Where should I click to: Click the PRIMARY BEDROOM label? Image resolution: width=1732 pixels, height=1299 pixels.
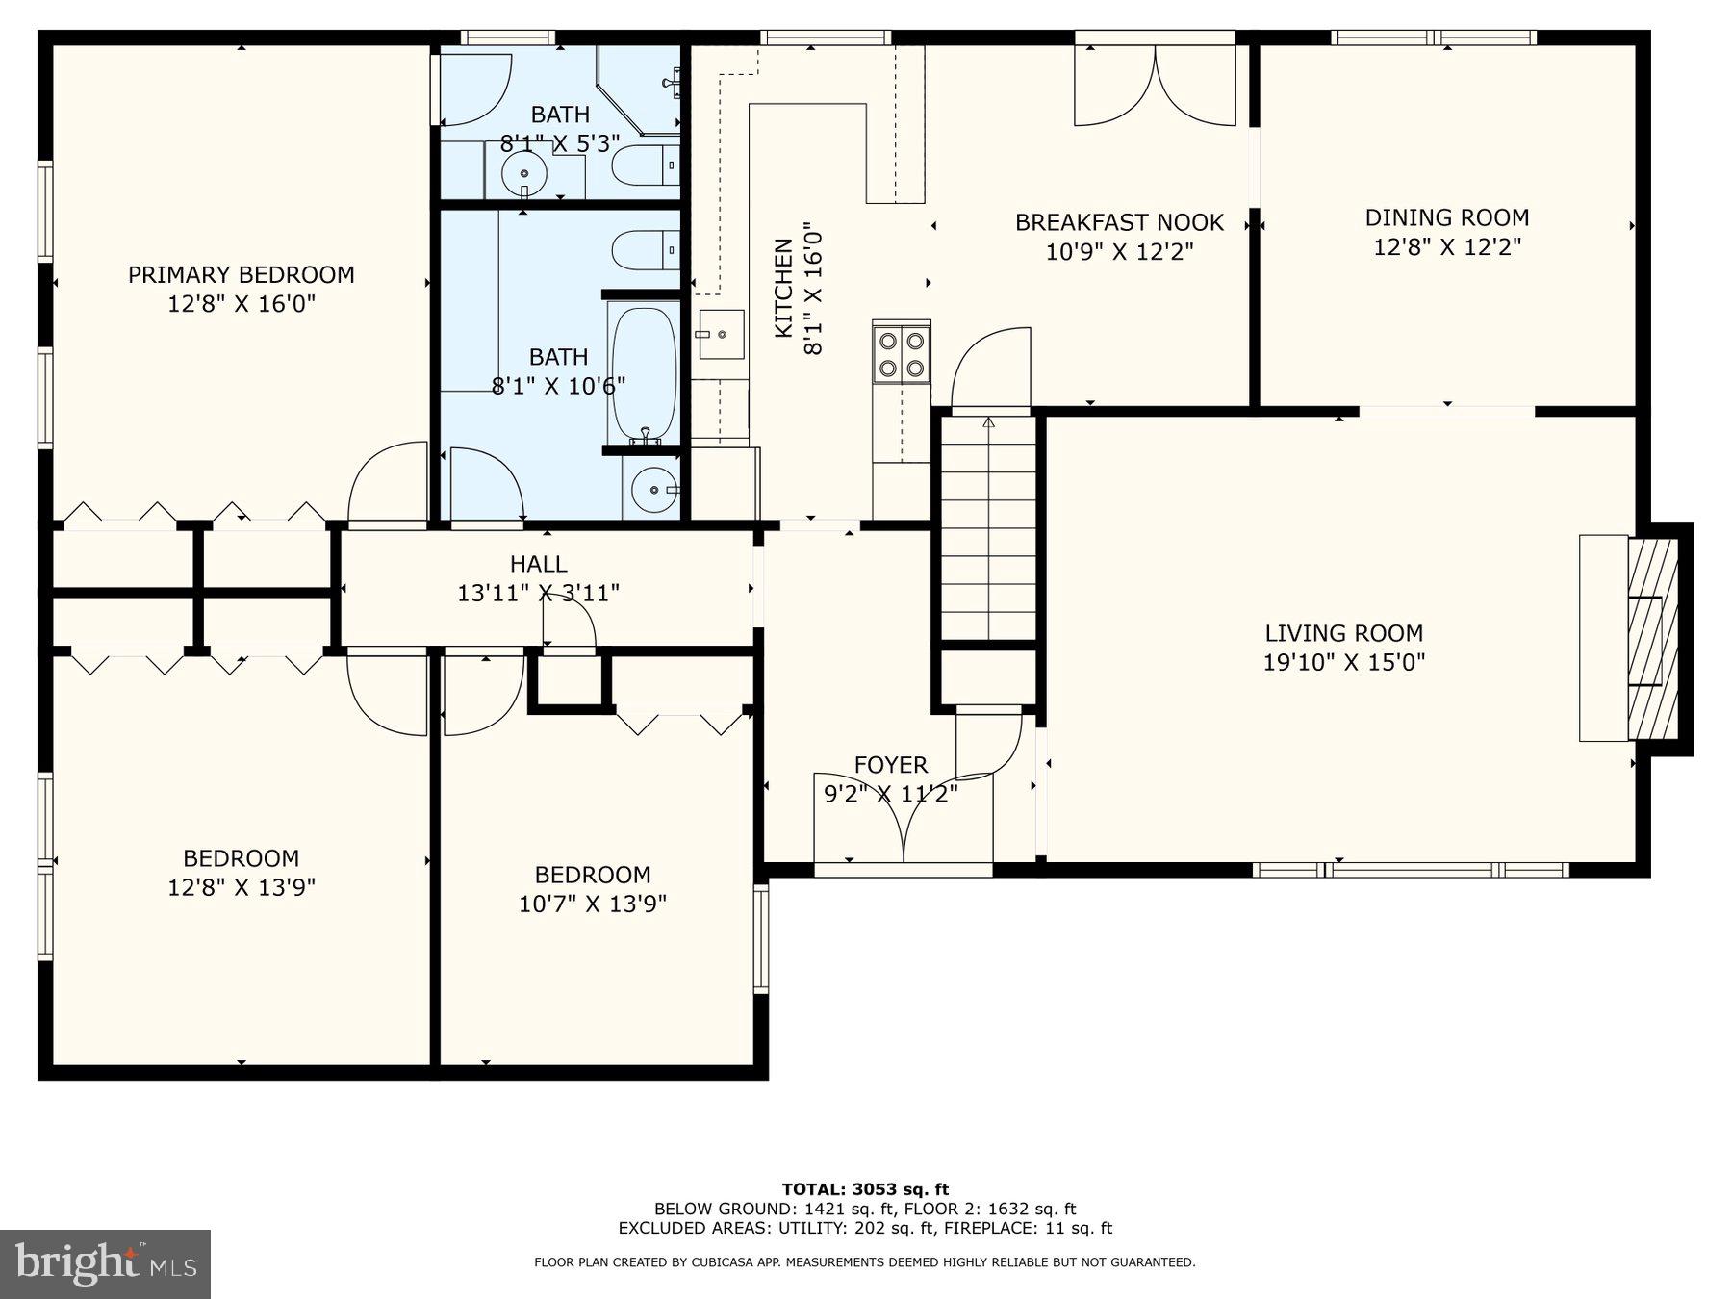[241, 274]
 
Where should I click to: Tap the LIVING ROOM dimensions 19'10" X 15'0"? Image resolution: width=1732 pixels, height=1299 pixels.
[1343, 662]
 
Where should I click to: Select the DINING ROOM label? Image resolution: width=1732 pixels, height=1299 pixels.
[1446, 217]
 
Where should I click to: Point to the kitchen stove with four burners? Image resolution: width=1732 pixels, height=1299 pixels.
[902, 353]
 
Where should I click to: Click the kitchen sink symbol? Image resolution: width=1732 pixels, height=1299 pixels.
[721, 334]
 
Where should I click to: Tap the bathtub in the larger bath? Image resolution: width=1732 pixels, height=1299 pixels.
[644, 372]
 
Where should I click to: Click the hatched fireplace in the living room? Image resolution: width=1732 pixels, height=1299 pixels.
[1652, 639]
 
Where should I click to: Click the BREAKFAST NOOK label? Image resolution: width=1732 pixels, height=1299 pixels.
[1119, 222]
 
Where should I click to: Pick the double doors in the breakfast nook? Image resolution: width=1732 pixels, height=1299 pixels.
[1155, 87]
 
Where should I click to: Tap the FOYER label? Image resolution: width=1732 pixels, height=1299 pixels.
[891, 765]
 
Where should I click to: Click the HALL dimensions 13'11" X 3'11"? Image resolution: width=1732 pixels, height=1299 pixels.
[538, 593]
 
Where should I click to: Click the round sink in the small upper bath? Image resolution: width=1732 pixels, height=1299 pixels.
[524, 173]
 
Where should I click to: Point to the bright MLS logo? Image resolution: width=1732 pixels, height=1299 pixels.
[105, 1263]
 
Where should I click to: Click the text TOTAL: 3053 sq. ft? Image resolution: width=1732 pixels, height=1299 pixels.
[865, 1189]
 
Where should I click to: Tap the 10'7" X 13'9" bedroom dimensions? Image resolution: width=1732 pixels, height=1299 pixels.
[593, 904]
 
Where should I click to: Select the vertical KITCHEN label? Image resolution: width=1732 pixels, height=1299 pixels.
[784, 289]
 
